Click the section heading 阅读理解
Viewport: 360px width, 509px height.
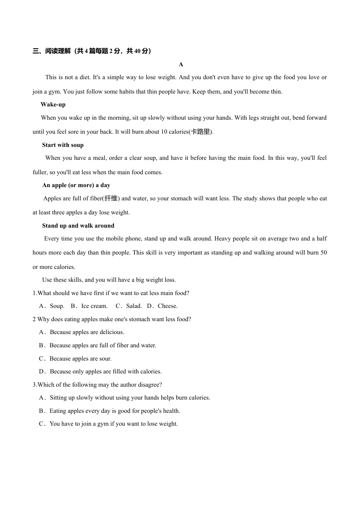(x=58, y=51)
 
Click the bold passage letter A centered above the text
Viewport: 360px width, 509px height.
(x=181, y=64)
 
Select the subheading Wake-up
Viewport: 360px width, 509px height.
(x=53, y=105)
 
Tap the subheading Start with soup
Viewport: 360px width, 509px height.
(x=63, y=145)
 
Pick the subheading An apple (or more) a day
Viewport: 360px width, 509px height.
(x=76, y=185)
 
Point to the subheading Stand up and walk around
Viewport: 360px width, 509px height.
(x=78, y=226)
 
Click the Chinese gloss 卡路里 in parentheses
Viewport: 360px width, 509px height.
(x=200, y=132)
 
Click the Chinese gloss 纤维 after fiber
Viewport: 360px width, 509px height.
(x=111, y=198)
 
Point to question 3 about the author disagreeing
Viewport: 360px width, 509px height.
(x=97, y=385)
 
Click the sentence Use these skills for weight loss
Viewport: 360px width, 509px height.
(x=109, y=280)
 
